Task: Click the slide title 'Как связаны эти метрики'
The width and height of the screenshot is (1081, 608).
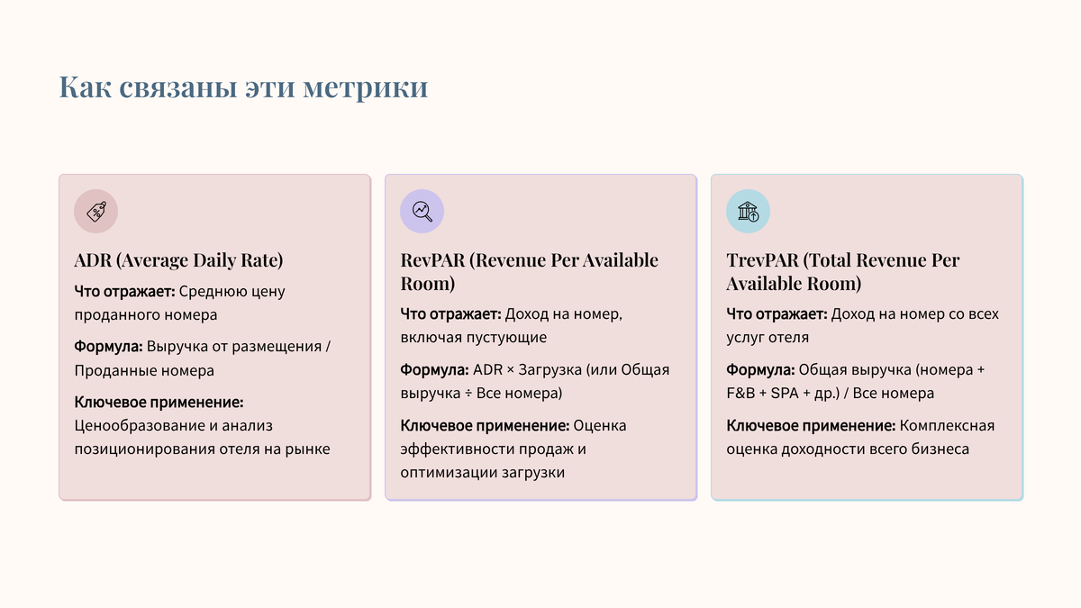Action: tap(243, 88)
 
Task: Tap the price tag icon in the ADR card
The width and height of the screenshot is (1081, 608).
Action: tap(95, 212)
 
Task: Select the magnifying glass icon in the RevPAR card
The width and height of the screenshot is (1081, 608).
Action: tap(422, 212)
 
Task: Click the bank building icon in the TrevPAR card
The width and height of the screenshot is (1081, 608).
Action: tap(748, 212)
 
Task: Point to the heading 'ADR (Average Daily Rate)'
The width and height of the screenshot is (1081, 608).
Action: tap(178, 260)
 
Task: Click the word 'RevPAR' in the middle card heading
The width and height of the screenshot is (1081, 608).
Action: tap(433, 260)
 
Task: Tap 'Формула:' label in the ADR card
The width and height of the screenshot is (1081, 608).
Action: tap(108, 347)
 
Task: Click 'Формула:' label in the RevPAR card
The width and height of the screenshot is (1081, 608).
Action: tap(434, 370)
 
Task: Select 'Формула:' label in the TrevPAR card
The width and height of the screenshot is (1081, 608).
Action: tap(760, 370)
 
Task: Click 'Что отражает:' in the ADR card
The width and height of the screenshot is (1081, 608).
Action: tap(125, 292)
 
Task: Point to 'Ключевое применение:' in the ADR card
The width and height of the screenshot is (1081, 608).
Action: tap(159, 402)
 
